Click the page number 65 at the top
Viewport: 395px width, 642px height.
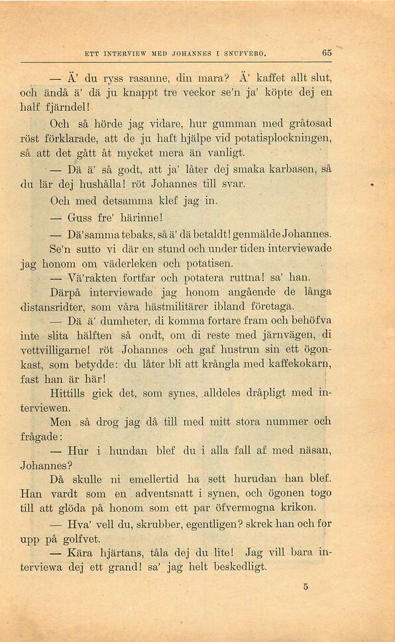326,52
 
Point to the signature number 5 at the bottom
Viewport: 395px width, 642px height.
306,586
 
